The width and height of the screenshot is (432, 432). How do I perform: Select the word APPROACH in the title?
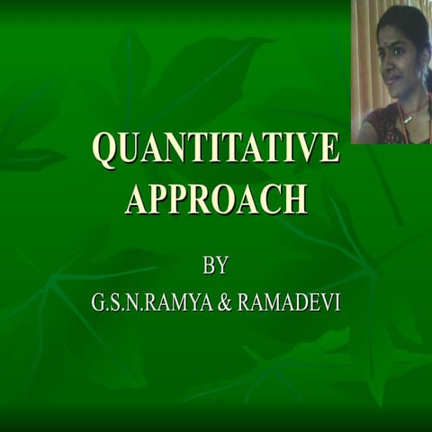216,197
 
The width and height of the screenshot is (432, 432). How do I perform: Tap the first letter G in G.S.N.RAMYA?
97,304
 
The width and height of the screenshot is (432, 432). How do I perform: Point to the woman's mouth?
391,79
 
